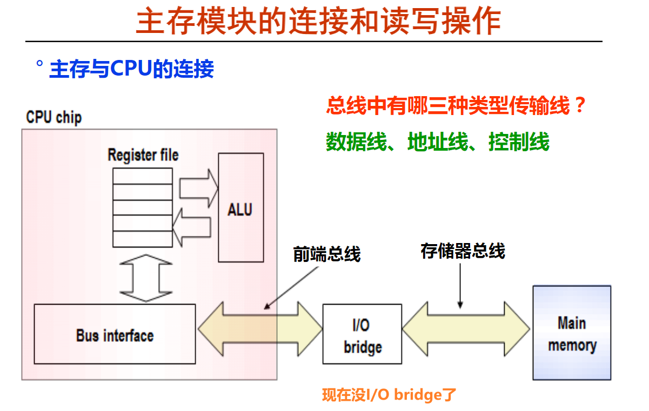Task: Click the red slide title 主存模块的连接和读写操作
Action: tap(319, 21)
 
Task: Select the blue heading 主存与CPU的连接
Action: tap(131, 69)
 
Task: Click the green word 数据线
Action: tap(356, 142)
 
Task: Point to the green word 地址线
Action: tap(438, 142)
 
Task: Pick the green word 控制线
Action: tap(519, 142)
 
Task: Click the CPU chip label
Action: tap(54, 117)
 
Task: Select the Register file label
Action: tap(143, 155)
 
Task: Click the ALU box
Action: tap(241, 208)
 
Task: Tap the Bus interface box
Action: tap(115, 334)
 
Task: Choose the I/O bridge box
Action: tap(362, 334)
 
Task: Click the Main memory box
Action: tap(572, 333)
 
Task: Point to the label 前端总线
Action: tap(327, 254)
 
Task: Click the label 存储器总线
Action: tap(463, 251)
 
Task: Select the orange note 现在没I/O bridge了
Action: tap(389, 395)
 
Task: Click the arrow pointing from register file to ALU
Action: tap(199, 188)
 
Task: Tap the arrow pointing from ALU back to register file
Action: tap(192, 227)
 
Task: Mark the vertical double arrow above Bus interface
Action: tap(146, 278)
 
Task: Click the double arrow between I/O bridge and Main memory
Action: tap(466, 329)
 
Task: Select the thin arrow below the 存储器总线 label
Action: tap(460, 286)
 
